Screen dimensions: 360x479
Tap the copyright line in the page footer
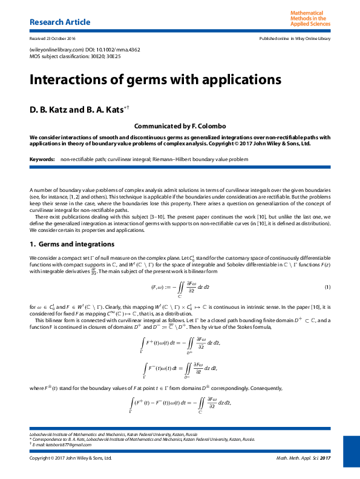click(71, 458)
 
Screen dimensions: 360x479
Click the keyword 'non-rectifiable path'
click(81, 159)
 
